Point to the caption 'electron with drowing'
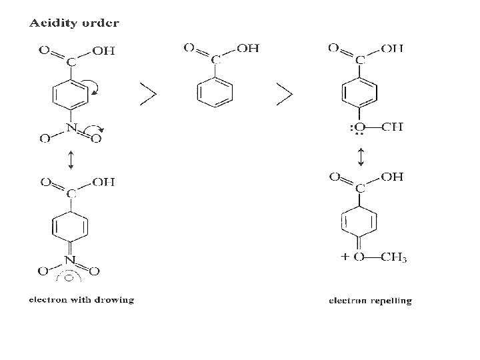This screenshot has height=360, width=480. click(81, 299)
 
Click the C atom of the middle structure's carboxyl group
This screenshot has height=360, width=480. click(215, 60)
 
